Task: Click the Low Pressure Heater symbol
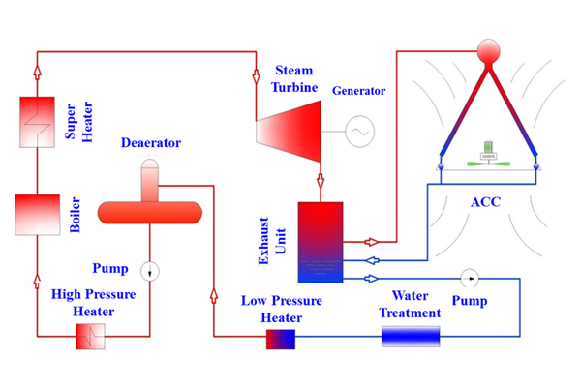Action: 280,338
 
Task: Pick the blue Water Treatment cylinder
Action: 410,337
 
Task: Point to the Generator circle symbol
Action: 359,128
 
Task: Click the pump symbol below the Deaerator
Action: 149,270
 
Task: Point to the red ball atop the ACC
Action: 488,50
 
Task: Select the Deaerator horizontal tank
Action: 150,211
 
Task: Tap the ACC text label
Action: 488,203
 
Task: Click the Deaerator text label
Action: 152,143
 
